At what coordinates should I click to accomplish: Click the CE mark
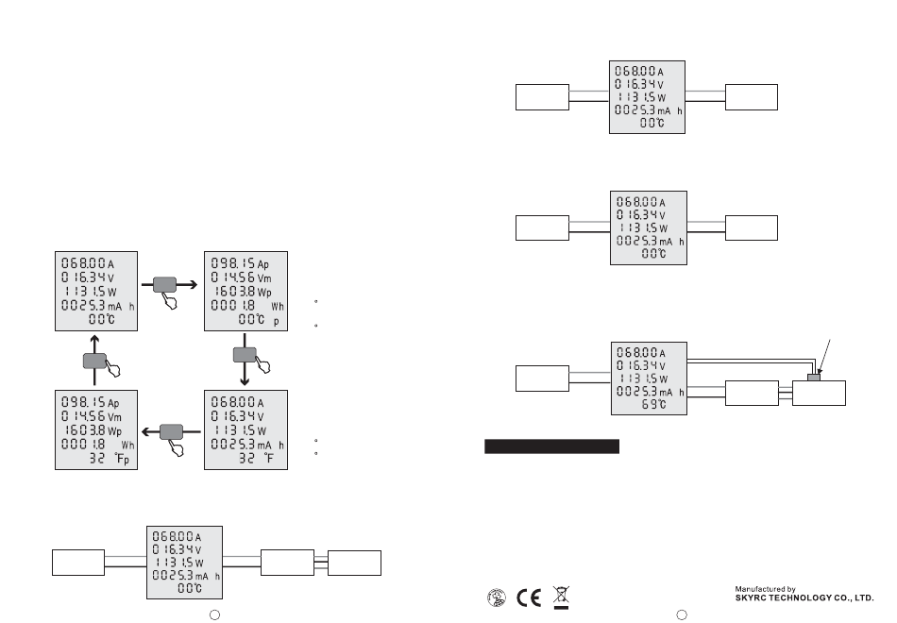[x=530, y=598]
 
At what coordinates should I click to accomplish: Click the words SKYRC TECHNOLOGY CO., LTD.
[x=805, y=598]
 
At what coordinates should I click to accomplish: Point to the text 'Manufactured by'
[x=766, y=587]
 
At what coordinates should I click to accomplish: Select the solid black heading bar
[x=551, y=446]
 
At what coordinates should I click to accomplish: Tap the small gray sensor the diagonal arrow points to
[x=814, y=378]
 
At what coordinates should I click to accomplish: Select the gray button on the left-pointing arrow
[x=172, y=430]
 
